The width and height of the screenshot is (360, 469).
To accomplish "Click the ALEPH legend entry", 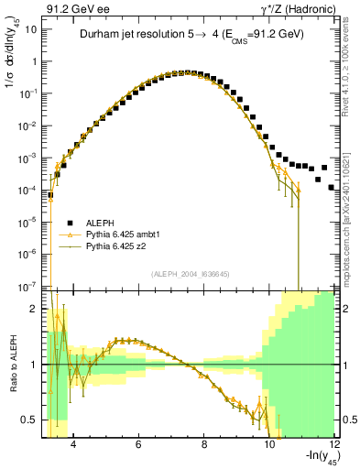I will coord(104,223).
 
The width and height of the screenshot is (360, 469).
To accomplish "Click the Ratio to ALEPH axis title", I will coord(11,365).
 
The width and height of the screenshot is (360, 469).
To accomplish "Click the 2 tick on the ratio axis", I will coord(35,309).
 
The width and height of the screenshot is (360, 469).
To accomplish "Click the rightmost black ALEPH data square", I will coord(332,187).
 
